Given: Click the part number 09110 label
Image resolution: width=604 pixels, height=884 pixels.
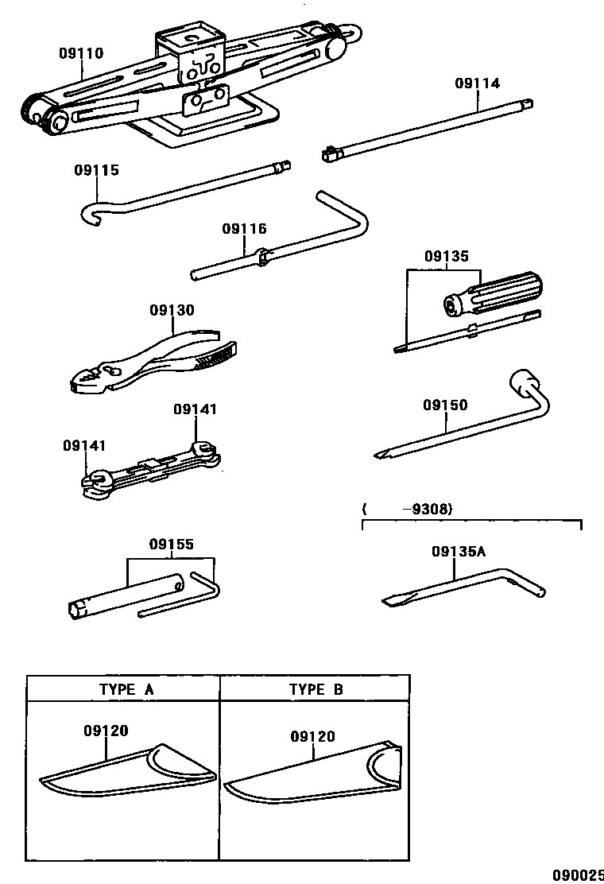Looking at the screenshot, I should point(80,53).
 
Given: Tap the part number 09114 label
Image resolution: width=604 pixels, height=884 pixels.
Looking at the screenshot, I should point(477,83).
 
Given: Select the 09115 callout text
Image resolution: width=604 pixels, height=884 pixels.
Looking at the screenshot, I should point(96,170).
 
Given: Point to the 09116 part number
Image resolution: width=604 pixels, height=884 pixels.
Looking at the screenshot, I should point(244,229).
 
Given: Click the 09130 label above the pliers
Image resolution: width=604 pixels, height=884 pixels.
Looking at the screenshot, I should point(172,309).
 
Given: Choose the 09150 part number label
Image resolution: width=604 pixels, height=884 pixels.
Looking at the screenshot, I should point(445,405).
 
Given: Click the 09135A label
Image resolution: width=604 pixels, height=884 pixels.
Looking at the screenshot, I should point(458,551).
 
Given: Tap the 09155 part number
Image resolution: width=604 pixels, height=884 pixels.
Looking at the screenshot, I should point(171,545).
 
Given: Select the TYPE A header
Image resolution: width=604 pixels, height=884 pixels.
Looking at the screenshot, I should point(126,689).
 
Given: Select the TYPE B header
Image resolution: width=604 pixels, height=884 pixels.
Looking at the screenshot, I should point(316,689).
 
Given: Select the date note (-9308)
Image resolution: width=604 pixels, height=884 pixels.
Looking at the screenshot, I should point(407,510).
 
